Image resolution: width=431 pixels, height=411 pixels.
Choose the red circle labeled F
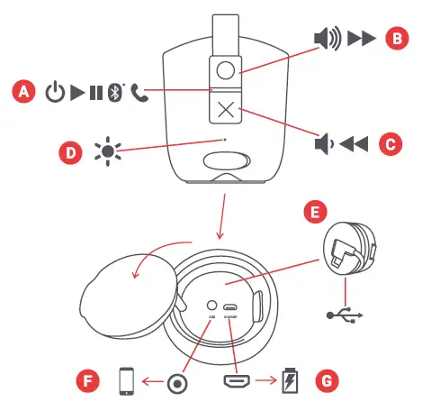click(87, 381)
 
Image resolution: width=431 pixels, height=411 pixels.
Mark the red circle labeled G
click(328, 381)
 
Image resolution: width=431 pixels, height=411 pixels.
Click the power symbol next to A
click(56, 92)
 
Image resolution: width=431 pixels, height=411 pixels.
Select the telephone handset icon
click(137, 92)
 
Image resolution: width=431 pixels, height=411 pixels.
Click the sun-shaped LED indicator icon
click(109, 150)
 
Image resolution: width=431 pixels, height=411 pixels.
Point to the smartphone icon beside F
click(128, 381)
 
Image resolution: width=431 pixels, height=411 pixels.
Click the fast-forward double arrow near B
click(360, 38)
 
